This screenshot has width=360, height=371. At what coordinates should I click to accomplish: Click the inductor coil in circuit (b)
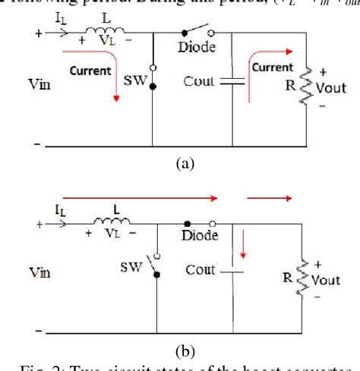(x=109, y=222)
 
